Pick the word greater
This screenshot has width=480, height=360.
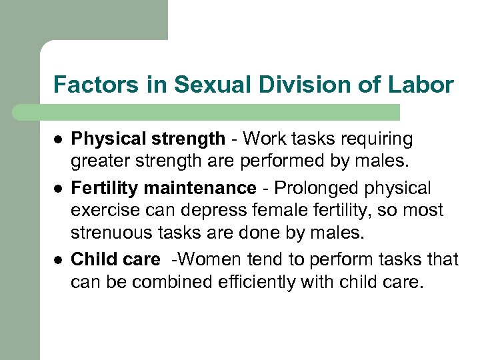[100, 161]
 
